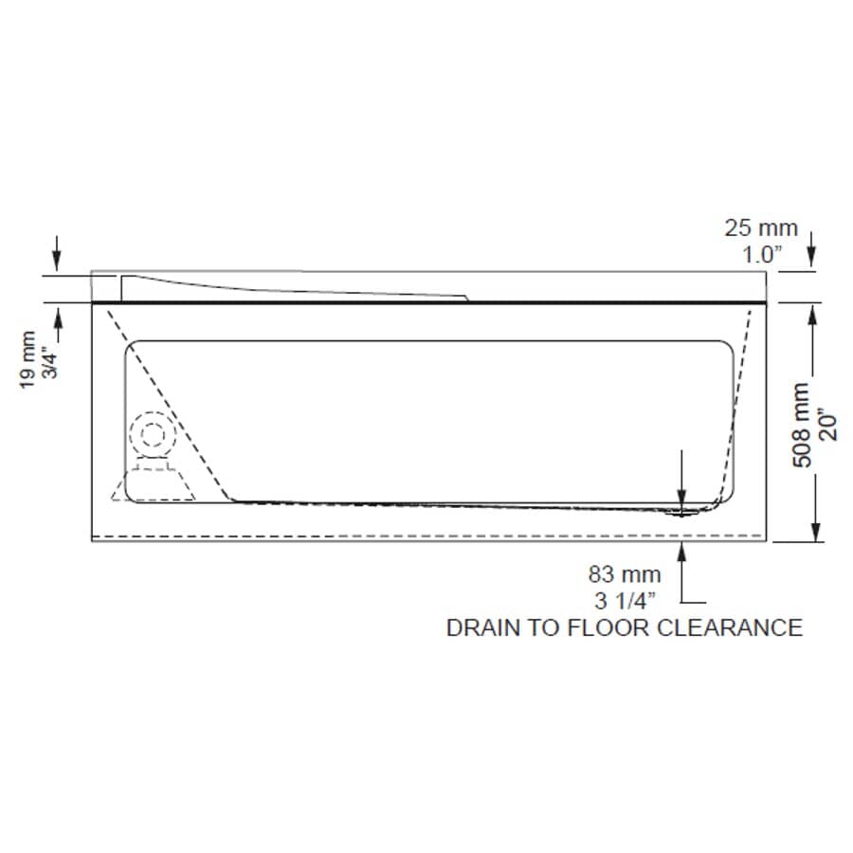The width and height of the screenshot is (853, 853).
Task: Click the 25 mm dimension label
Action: point(761,228)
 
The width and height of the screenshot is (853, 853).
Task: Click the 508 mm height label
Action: point(801,424)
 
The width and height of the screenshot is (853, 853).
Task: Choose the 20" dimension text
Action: point(826,424)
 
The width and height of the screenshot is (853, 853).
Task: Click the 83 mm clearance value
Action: point(625,574)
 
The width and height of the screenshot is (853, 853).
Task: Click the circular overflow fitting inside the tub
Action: point(152,434)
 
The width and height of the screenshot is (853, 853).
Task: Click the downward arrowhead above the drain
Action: point(681,499)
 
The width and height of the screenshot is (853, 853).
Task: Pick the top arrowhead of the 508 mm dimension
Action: point(813,314)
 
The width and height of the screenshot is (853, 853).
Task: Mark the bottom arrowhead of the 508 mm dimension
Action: point(813,532)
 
